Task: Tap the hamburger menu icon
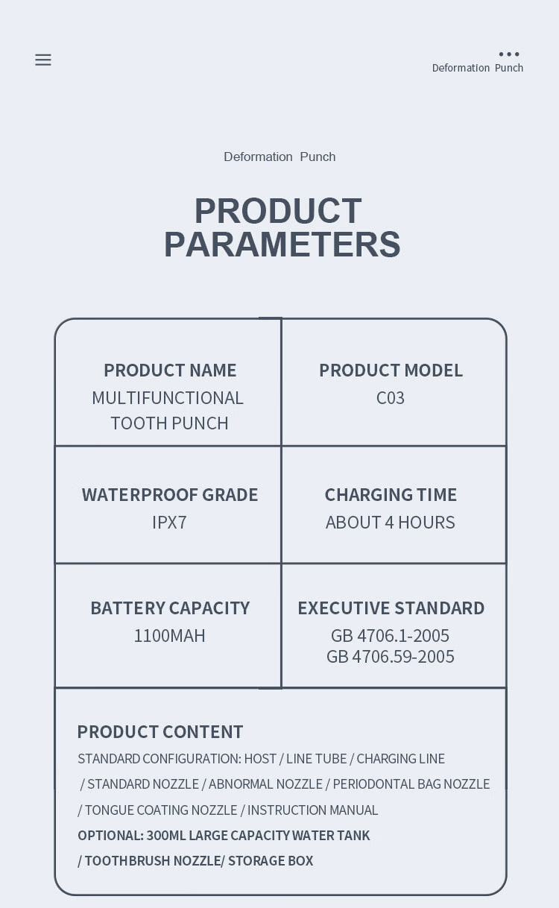coord(43,60)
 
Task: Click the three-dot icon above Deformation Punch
coord(509,54)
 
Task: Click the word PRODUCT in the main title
coord(278,210)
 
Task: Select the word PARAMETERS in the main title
coord(282,244)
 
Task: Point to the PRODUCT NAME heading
coord(170,370)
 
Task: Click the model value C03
coord(391,398)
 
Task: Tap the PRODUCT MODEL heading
coord(391,370)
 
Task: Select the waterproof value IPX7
coord(169,522)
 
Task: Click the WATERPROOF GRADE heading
coord(170,494)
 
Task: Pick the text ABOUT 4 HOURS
coord(391,522)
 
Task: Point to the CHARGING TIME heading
coord(391,494)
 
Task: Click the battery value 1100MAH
coord(169,636)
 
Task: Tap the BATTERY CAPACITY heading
coord(170,608)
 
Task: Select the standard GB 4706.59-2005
coord(391,657)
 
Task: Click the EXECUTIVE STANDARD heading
coord(391,608)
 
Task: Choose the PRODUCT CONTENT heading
coord(160,731)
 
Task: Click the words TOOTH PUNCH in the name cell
coord(169,423)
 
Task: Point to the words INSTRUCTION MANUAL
coord(312,810)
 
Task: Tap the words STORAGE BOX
coord(271,860)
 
